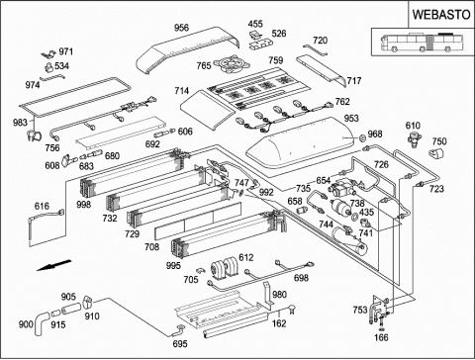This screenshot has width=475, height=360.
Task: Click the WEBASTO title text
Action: tap(441, 15)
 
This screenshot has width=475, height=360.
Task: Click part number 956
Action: tap(181, 28)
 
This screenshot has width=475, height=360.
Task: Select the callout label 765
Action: tap(204, 65)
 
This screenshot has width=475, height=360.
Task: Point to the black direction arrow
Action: tap(53, 265)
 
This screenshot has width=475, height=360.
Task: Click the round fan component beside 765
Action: tap(227, 64)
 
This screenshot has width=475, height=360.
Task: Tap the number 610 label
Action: tap(413, 126)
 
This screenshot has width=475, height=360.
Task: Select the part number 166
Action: tap(381, 337)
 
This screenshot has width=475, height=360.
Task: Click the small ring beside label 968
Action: tap(362, 137)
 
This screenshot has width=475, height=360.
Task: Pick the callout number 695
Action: tap(180, 344)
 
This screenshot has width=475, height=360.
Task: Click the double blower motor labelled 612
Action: tap(226, 267)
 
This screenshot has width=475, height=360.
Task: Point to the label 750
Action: tap(439, 141)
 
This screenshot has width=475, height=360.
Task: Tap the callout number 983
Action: tap(20, 123)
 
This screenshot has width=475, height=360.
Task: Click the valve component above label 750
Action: tap(413, 138)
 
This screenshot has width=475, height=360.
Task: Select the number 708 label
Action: tap(151, 246)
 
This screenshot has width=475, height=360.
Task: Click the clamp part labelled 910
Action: tap(87, 301)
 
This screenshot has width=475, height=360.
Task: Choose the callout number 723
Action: tap(436, 189)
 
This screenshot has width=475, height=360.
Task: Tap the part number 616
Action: tap(42, 207)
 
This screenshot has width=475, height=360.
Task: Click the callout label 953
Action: tap(351, 118)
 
